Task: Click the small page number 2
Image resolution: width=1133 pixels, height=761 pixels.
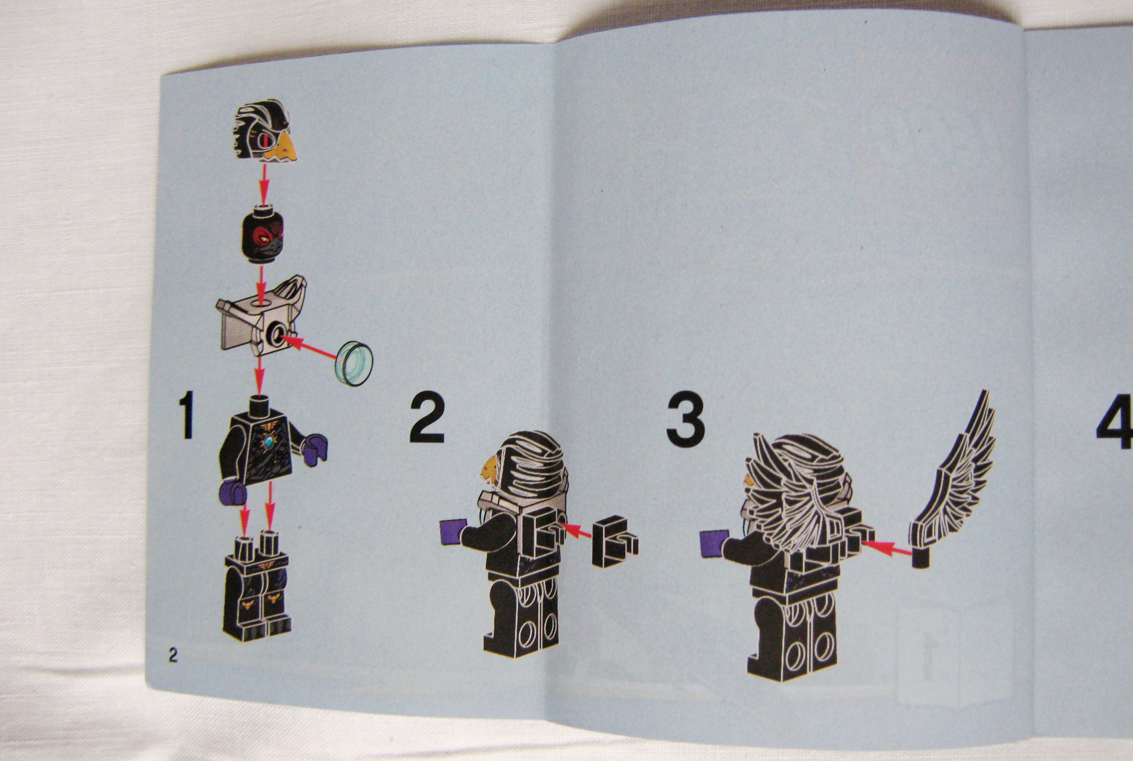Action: [x=173, y=656]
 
